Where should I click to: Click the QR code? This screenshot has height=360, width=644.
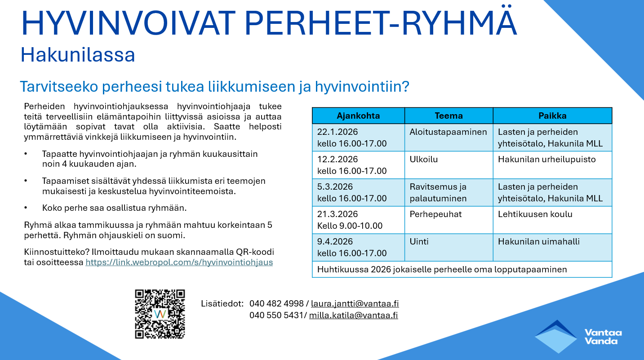coord(160,314)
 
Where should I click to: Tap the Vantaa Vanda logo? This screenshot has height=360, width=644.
coord(578,337)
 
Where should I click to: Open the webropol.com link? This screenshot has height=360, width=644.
coord(179,262)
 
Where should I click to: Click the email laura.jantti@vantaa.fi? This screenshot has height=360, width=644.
coord(355,303)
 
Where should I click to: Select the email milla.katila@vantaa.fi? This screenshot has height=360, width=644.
coord(353,315)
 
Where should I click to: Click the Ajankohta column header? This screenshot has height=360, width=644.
coord(358,116)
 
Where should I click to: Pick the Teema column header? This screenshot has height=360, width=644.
coord(449,116)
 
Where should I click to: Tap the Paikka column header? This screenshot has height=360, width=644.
coord(552,116)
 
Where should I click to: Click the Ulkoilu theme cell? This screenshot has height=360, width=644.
coord(449,165)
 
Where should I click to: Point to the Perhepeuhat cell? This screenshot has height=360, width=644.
coord(449,220)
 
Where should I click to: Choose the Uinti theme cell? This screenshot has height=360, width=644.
coord(449,247)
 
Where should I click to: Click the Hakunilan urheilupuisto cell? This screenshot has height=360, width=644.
coord(552,165)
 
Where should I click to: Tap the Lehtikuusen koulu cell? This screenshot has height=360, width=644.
coord(552,220)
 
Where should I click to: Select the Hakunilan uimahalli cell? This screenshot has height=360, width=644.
coord(552,247)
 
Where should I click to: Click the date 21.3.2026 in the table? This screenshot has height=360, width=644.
coord(338,214)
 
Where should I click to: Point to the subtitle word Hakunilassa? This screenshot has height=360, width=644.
coord(78,55)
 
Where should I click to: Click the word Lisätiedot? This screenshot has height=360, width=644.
coord(222,303)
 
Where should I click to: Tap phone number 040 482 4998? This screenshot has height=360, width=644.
coord(276,303)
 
